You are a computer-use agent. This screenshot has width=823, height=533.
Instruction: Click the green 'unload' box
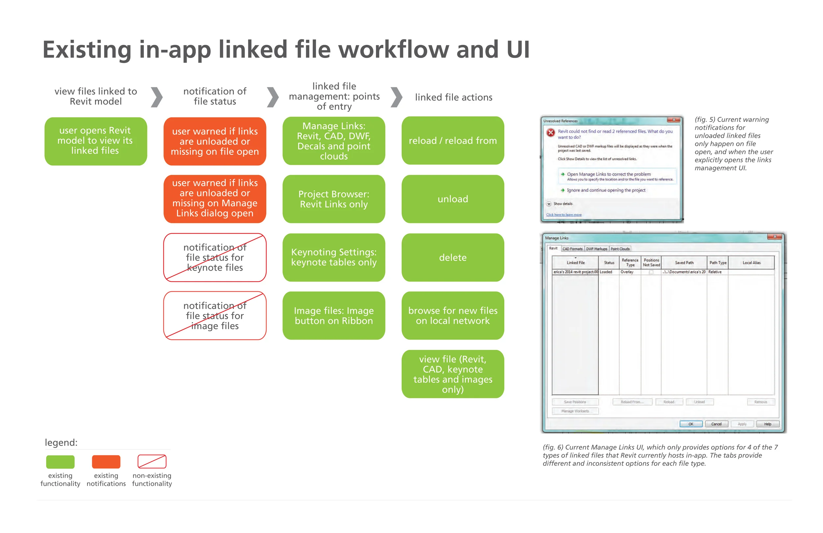[x=453, y=199]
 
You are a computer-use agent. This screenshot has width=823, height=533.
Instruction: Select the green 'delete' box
[x=453, y=258]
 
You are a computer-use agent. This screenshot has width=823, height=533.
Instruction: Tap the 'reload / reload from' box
[x=453, y=141]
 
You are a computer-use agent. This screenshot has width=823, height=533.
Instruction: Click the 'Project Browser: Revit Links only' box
[x=334, y=199]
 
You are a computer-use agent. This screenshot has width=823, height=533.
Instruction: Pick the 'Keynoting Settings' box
[x=334, y=258]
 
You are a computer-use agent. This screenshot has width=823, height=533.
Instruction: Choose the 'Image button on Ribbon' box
[x=334, y=316]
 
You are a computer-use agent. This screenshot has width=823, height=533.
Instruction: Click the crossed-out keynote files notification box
[x=215, y=258]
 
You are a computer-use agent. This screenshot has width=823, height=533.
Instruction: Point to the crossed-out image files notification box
[x=215, y=316]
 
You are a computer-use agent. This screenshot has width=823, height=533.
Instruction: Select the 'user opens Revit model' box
[x=95, y=141]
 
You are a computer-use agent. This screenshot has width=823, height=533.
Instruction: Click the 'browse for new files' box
[x=453, y=316]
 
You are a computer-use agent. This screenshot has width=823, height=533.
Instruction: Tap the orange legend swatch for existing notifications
[x=106, y=462]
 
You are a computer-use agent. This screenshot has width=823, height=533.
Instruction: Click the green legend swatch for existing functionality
[x=60, y=462]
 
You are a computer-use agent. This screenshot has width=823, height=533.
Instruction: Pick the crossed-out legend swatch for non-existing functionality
[x=152, y=462]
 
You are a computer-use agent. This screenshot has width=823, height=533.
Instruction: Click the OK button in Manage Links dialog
[x=691, y=424]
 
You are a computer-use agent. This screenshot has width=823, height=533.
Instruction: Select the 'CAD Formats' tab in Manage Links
[x=572, y=249]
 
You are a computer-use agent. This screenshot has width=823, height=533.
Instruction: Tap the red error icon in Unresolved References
[x=551, y=132]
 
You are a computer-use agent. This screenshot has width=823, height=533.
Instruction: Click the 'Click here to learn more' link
[x=564, y=215]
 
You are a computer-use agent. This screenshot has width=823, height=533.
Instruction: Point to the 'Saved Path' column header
[x=684, y=263]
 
